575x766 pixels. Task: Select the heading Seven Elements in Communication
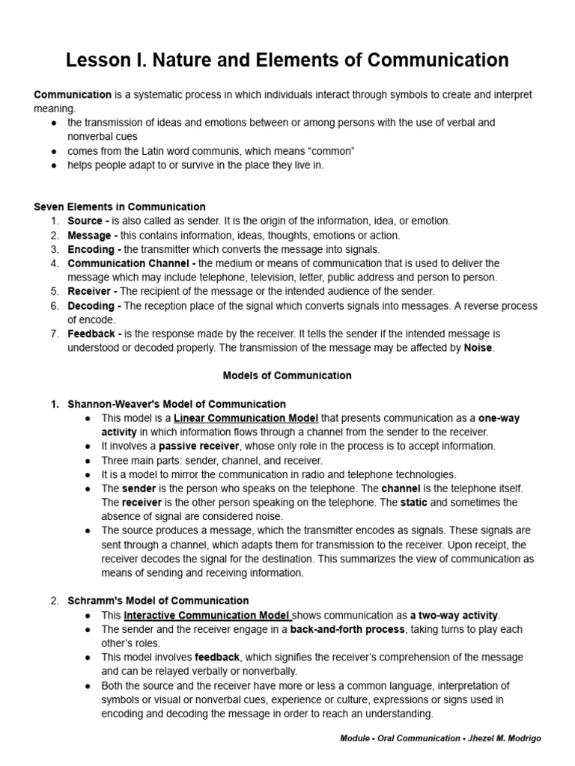120,206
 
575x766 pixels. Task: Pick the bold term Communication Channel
129,263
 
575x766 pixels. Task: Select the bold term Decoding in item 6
91,306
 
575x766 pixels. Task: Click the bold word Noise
478,348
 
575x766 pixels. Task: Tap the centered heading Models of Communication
287,376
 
